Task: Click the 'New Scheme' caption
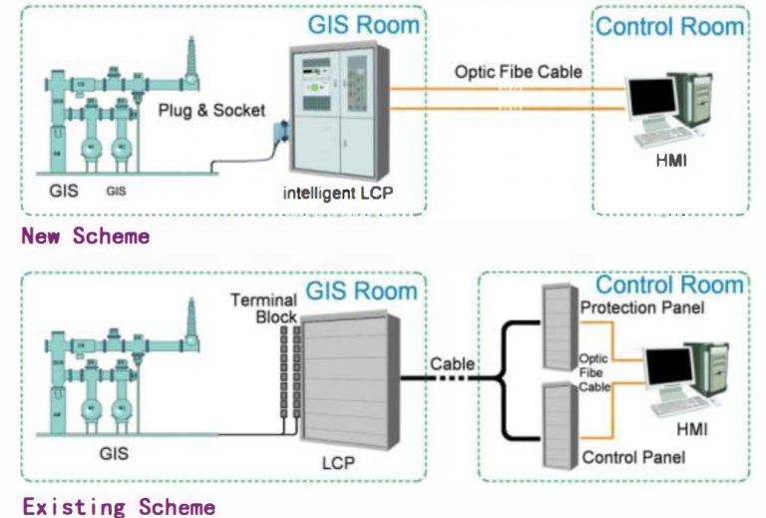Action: (x=86, y=237)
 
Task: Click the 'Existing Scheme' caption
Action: (x=119, y=506)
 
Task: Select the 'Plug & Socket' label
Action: (x=211, y=110)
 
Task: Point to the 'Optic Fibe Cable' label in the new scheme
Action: (x=518, y=72)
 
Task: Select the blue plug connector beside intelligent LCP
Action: (x=281, y=133)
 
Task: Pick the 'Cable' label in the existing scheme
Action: (x=452, y=364)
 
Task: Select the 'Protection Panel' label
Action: (x=642, y=308)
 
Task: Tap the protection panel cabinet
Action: (x=559, y=329)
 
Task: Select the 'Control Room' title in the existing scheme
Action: (x=669, y=284)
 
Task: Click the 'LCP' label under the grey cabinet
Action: (x=337, y=465)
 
